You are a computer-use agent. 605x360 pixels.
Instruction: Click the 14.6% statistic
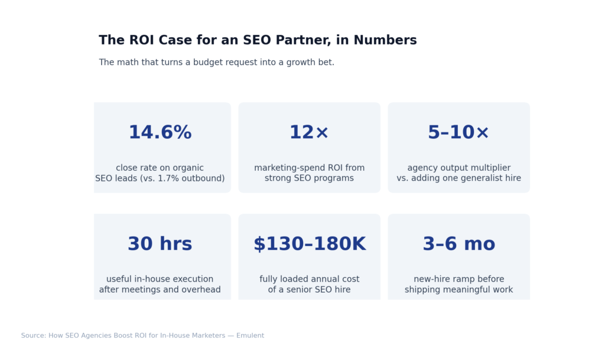click(x=160, y=133)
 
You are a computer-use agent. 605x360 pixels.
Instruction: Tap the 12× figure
click(x=309, y=133)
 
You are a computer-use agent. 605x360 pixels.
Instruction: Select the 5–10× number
click(x=458, y=133)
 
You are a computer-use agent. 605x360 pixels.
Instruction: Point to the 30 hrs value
click(x=160, y=244)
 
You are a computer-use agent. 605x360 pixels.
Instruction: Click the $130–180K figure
click(x=309, y=244)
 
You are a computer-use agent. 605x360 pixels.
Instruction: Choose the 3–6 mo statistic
click(x=458, y=244)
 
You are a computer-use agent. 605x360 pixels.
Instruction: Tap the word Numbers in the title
click(x=388, y=40)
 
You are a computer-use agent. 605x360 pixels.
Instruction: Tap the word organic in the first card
click(x=187, y=168)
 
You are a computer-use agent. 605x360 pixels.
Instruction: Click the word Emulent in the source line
click(x=250, y=336)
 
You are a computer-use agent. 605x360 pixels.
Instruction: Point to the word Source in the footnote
click(x=33, y=336)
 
